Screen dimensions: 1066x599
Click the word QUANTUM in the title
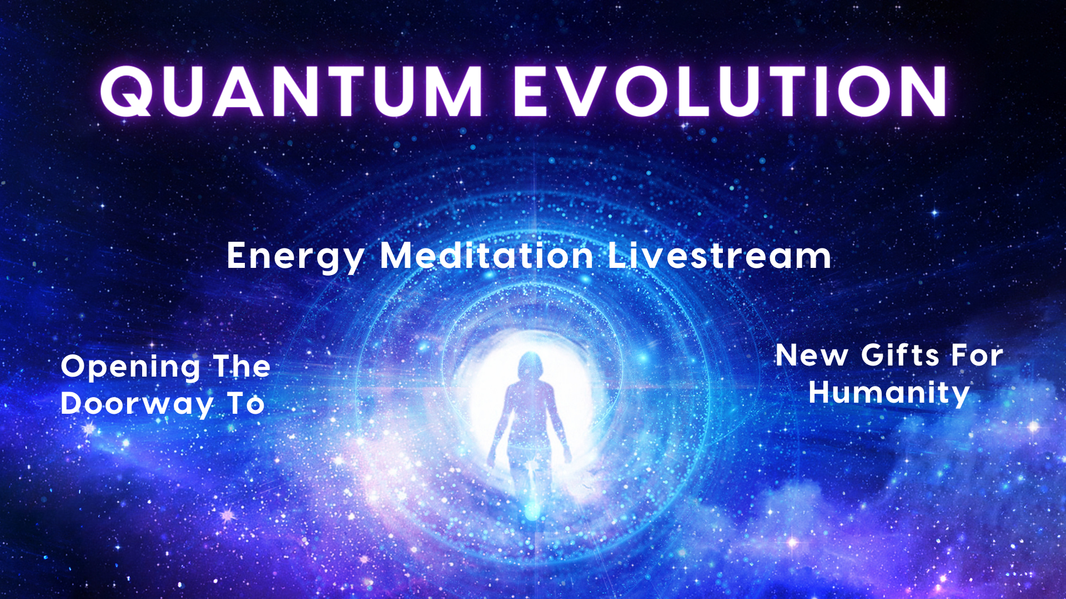click(x=291, y=91)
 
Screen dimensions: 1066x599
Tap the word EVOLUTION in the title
click(x=731, y=91)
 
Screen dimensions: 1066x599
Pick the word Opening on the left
click(x=130, y=368)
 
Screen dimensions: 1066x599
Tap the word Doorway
click(x=137, y=404)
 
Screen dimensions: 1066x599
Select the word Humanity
click(x=889, y=393)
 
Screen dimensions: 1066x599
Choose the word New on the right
click(x=812, y=356)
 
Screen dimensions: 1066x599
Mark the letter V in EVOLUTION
click(x=584, y=92)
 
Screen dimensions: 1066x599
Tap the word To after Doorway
click(x=246, y=404)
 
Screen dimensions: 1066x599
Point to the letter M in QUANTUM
click(x=454, y=92)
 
